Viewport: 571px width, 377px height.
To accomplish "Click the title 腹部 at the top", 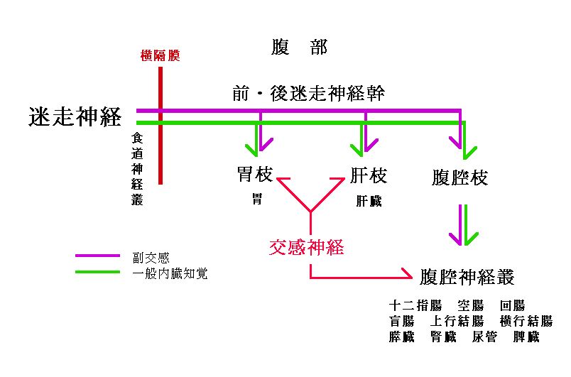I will tap(299, 48).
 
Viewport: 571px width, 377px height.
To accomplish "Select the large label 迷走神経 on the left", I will tap(75, 117).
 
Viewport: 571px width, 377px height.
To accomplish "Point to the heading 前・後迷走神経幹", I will tap(308, 94).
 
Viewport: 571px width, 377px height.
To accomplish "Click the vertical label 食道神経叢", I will tap(137, 170).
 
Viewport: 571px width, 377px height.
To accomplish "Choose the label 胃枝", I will tap(255, 175).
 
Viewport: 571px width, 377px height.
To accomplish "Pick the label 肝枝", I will tap(369, 175).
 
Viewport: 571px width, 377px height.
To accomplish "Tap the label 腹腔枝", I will tap(460, 177).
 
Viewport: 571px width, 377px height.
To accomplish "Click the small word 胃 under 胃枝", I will tap(256, 199).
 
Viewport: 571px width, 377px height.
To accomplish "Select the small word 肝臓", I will tap(369, 201).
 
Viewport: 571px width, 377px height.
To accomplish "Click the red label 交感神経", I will tap(306, 248).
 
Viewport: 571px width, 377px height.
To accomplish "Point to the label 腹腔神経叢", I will tap(467, 276).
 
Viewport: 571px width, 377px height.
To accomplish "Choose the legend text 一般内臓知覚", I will tap(169, 273).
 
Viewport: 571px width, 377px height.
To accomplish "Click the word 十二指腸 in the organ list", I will tap(415, 306).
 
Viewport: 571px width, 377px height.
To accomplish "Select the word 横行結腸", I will tap(526, 322).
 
